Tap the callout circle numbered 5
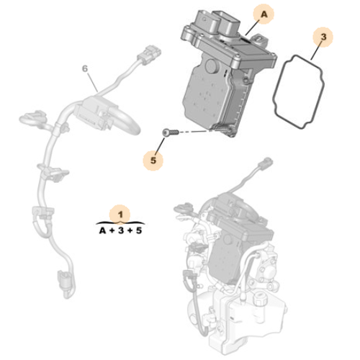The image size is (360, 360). (x=152, y=159)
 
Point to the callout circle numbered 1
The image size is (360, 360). (x=120, y=214)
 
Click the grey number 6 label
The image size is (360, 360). (x=84, y=68)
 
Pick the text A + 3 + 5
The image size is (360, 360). (x=120, y=230)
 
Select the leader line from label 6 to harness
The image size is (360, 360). (x=91, y=79)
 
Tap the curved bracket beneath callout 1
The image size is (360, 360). (x=120, y=222)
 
